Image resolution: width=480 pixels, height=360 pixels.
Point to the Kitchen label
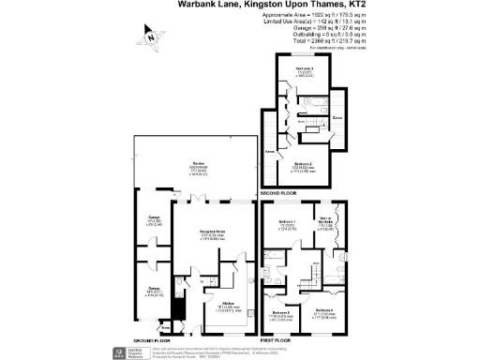[226, 302]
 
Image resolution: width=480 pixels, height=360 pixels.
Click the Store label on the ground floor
[140, 327]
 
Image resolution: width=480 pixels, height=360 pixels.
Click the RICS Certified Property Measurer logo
[120, 352]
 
